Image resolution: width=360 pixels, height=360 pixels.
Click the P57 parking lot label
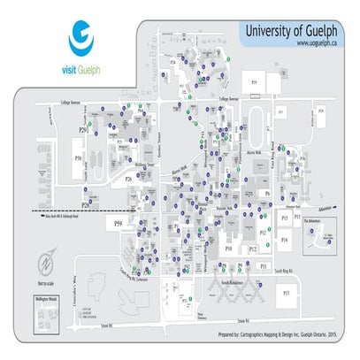[x=284, y=291]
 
